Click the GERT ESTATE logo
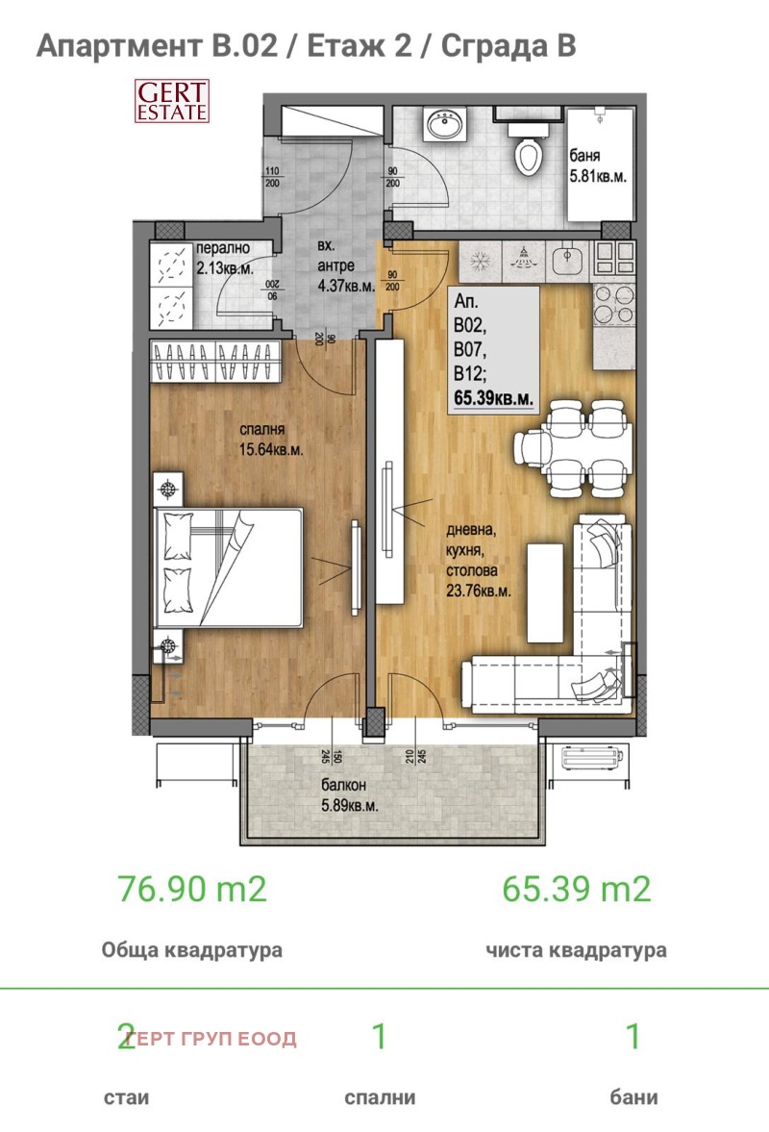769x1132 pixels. coord(170,100)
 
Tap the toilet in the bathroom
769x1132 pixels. coord(529,154)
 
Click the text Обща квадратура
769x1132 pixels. coord(192,950)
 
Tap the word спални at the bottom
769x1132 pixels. coord(380,1097)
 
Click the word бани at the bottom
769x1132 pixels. coord(633,1097)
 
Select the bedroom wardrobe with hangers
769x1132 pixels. coord(218,363)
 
